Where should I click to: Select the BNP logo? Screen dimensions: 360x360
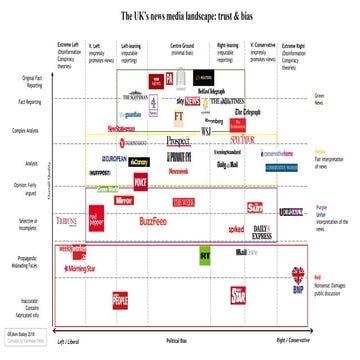tap(297, 290)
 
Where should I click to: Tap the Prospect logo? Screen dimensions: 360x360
tap(178, 141)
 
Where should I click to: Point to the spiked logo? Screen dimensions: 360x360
tap(235, 229)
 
